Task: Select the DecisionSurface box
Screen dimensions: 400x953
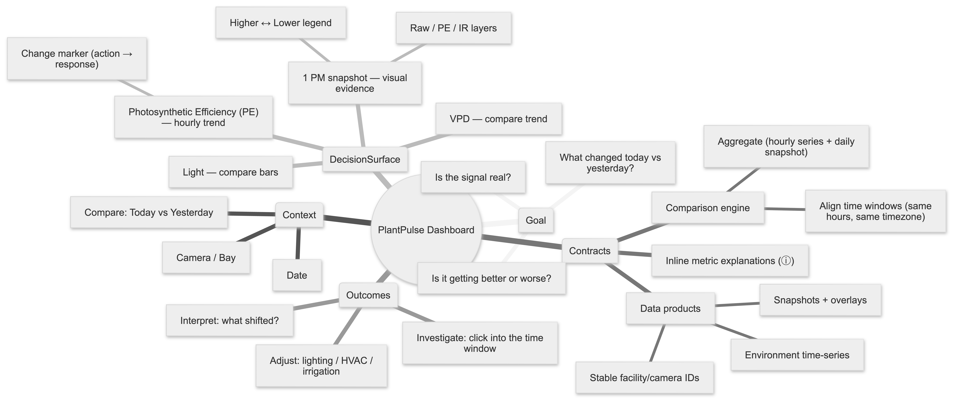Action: [365, 160]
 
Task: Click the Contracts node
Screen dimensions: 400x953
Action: [590, 251]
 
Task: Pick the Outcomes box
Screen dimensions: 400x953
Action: [368, 295]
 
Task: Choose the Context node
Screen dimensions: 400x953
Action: [299, 215]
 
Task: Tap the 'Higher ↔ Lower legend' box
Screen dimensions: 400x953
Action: [280, 23]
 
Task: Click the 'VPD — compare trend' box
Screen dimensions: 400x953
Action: [498, 119]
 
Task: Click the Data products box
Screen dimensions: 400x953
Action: [670, 309]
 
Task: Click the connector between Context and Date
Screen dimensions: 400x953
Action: [298, 244]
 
